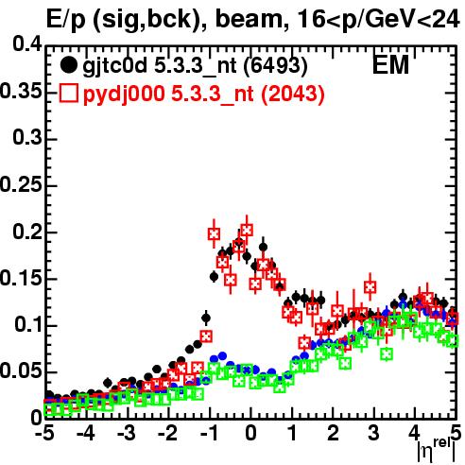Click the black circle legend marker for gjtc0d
[68, 65]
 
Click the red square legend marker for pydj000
[68, 94]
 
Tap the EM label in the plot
[390, 65]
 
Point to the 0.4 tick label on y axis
[27, 44]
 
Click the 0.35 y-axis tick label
[21, 91]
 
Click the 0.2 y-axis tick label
[27, 231]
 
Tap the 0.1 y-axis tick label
[28, 324]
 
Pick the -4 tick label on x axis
[85, 433]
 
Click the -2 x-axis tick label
[168, 433]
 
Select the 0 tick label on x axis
[250, 433]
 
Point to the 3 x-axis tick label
[374, 433]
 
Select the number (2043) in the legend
[293, 94]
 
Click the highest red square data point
[247, 230]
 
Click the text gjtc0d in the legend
[114, 66]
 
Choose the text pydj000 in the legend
[124, 95]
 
